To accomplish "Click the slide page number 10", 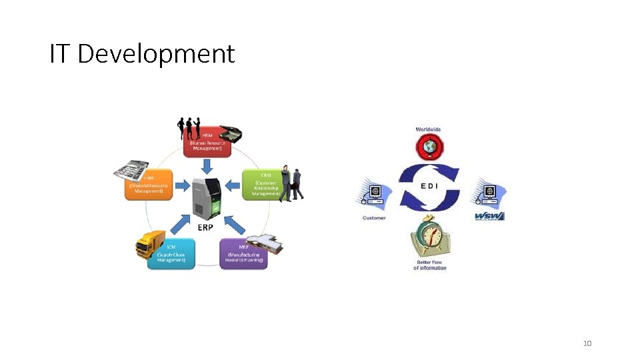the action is [587, 343].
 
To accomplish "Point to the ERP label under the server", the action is [206, 227].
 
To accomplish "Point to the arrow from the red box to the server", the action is [207, 164].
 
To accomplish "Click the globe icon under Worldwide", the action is [429, 147].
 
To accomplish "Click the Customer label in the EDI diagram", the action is [373, 218].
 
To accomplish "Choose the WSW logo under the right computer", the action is [489, 216].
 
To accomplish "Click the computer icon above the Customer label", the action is [373, 193].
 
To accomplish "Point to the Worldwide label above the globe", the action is [428, 129].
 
